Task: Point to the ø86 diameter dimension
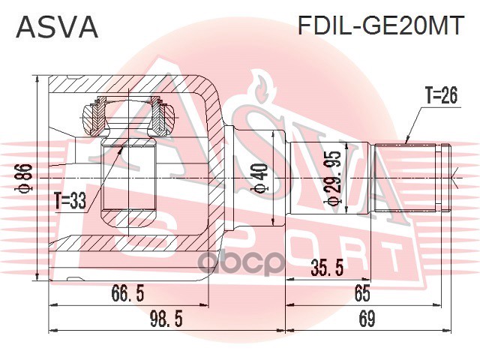click(27, 177)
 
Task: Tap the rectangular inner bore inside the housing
click(129, 177)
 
